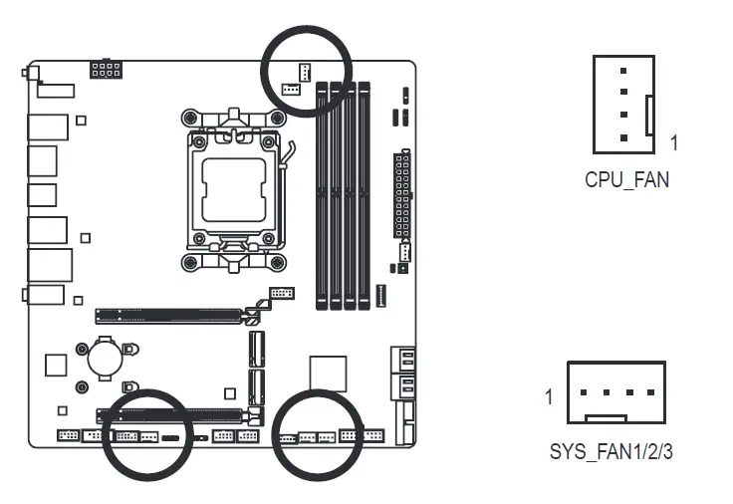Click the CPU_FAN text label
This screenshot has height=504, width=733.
coord(626,180)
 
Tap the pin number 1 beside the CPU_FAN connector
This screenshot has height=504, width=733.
coord(674,143)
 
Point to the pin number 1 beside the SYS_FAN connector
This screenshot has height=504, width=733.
coord(549,397)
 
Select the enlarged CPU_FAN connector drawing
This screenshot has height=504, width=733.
coord(623,104)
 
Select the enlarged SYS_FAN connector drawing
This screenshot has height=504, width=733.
coord(615,392)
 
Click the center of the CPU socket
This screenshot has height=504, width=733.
coord(234,183)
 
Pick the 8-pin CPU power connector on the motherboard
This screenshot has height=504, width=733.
coord(106,70)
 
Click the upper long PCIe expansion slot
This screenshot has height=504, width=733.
coord(169,317)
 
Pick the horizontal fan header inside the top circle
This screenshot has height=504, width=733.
coord(290,89)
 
